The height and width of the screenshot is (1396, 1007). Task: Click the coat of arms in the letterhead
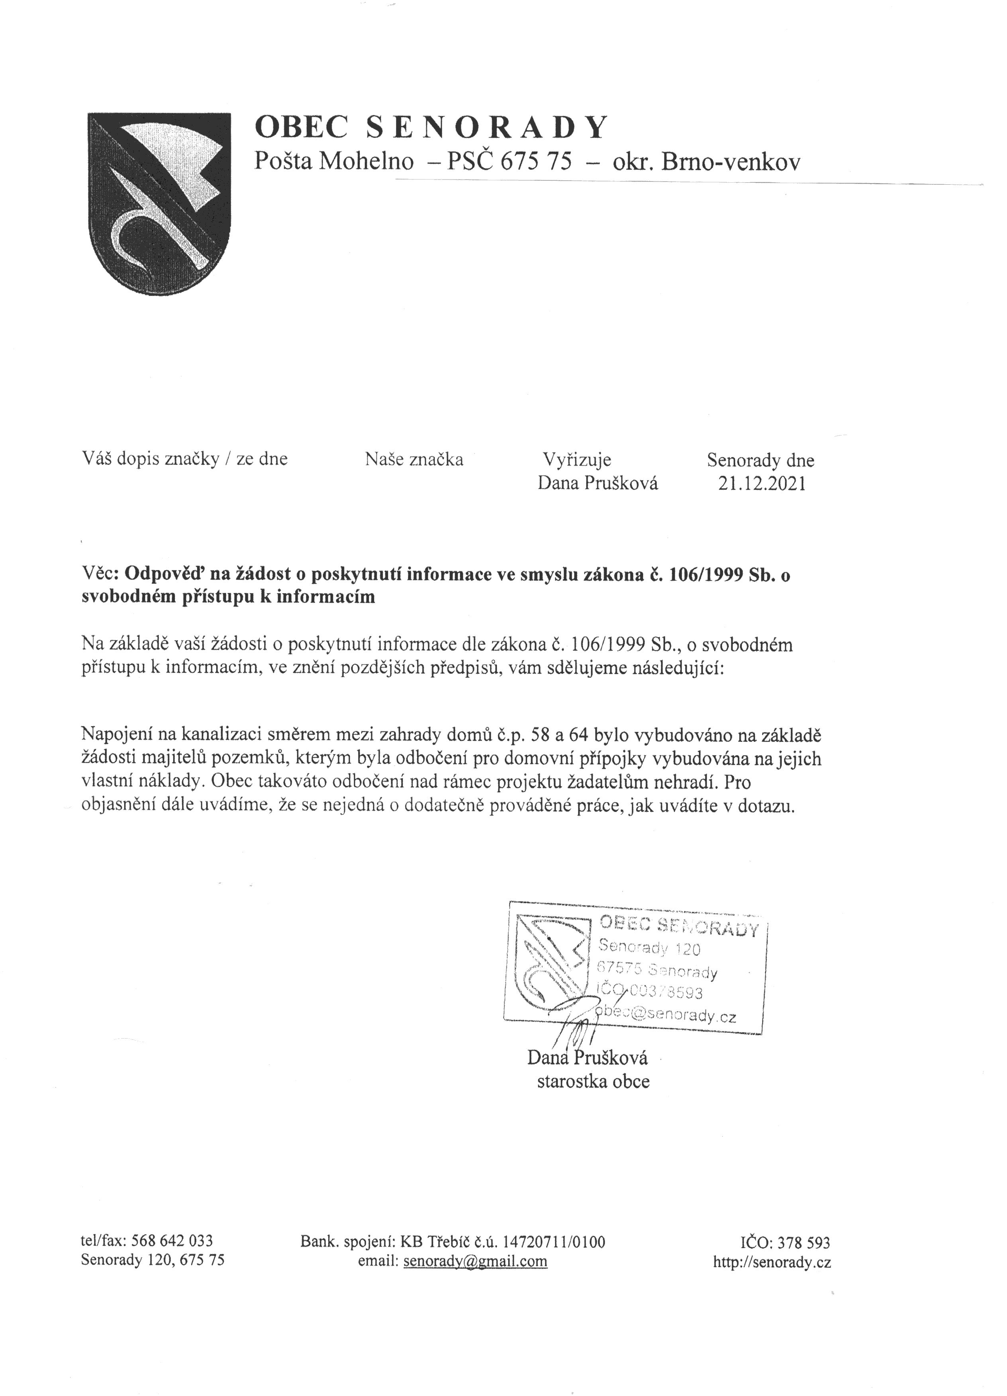159,203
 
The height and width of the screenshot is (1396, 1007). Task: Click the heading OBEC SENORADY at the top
431,127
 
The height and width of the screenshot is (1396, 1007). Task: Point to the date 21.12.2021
761,484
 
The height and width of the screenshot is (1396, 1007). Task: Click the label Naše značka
414,459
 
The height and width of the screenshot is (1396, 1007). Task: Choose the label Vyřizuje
576,459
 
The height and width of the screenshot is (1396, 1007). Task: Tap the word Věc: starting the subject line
101,574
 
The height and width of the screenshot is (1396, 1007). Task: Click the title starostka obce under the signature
593,1082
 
